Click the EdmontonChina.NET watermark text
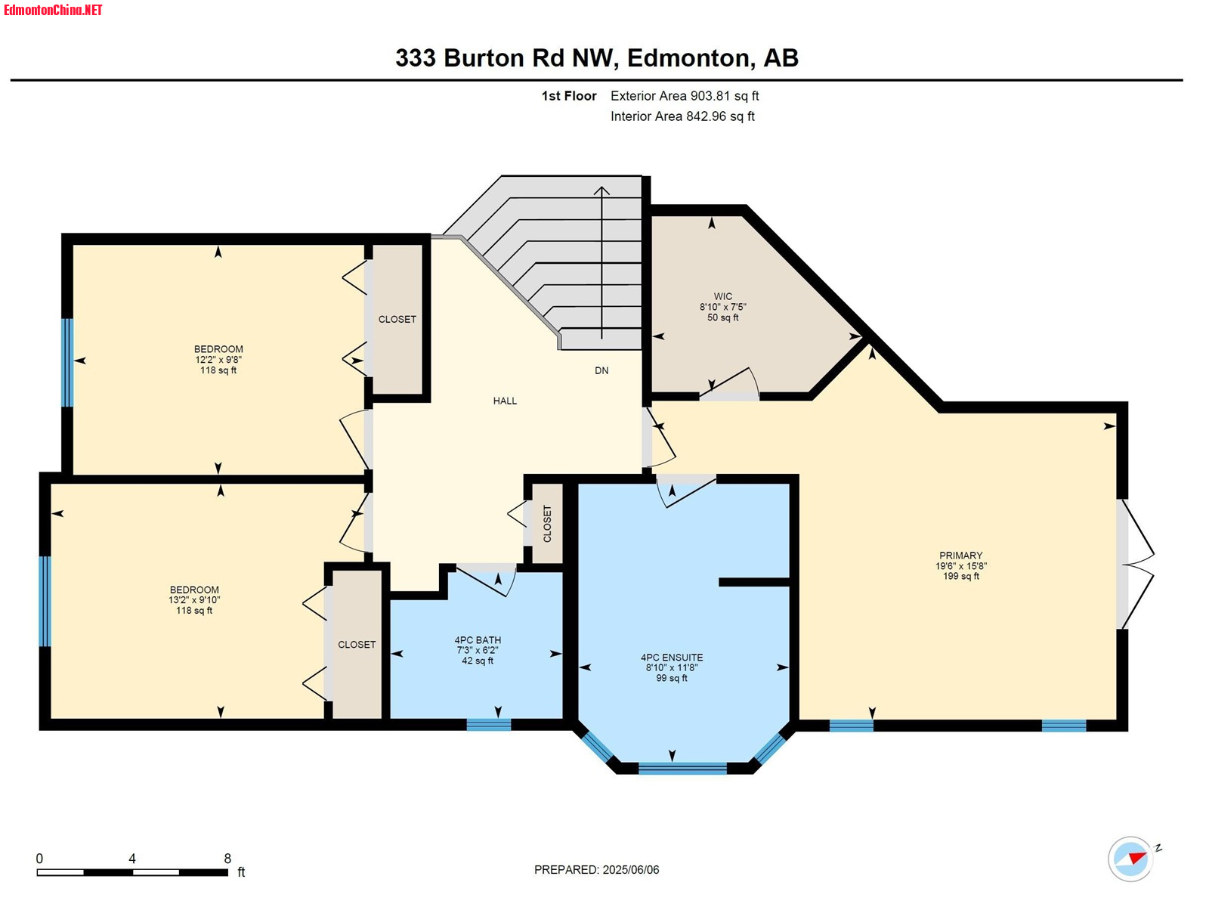[53, 10]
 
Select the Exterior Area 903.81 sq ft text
[685, 96]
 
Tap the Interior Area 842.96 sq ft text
[682, 116]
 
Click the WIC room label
[723, 296]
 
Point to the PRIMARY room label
[961, 555]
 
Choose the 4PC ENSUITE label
[672, 657]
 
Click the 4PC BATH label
[478, 640]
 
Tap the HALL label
[505, 401]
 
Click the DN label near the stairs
[601, 370]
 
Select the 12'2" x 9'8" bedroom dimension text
[218, 360]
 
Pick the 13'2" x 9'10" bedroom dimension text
[194, 599]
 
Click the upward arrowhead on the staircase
[601, 190]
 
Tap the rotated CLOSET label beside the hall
[547, 524]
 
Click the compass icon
[1131, 859]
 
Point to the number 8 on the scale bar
[227, 858]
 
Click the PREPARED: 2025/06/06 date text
[596, 869]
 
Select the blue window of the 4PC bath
[489, 725]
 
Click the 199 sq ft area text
[961, 576]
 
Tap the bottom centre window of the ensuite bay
[682, 768]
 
